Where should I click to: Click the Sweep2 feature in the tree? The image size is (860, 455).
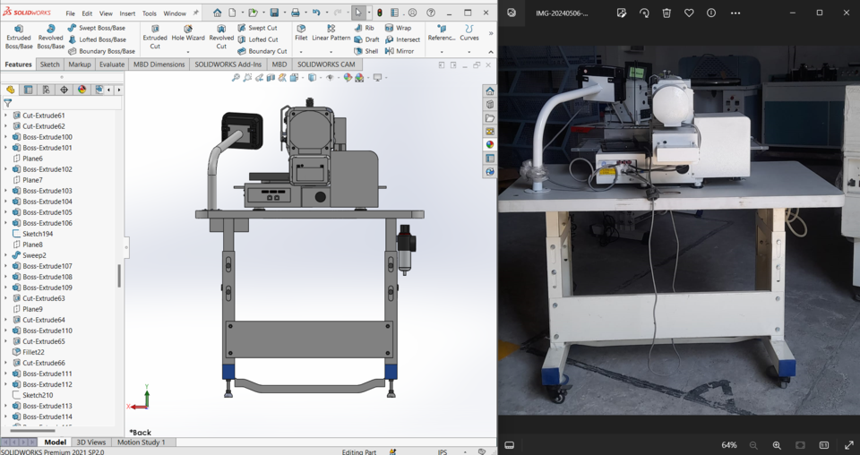(x=34, y=255)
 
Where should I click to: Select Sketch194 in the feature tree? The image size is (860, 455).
(x=37, y=234)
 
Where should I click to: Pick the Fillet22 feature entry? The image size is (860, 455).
(x=33, y=352)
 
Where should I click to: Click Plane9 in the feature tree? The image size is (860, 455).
(x=32, y=309)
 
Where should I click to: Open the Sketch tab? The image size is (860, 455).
(x=50, y=64)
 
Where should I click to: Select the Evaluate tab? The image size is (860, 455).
(x=112, y=64)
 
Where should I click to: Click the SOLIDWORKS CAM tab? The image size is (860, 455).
(x=326, y=64)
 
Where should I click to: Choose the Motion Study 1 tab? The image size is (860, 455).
(x=141, y=442)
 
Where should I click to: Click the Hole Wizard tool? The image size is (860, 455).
(x=188, y=33)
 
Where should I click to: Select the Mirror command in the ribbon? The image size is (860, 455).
(x=400, y=51)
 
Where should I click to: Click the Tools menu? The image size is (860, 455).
(x=150, y=13)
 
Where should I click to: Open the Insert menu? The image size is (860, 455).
(x=127, y=13)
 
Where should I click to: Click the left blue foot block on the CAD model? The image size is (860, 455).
(x=228, y=372)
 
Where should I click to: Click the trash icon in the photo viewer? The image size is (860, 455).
(x=666, y=13)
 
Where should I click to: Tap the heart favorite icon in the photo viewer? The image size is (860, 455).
(x=689, y=13)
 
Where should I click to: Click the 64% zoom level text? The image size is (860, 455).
(x=729, y=445)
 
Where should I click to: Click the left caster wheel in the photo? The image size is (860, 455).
(x=556, y=392)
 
